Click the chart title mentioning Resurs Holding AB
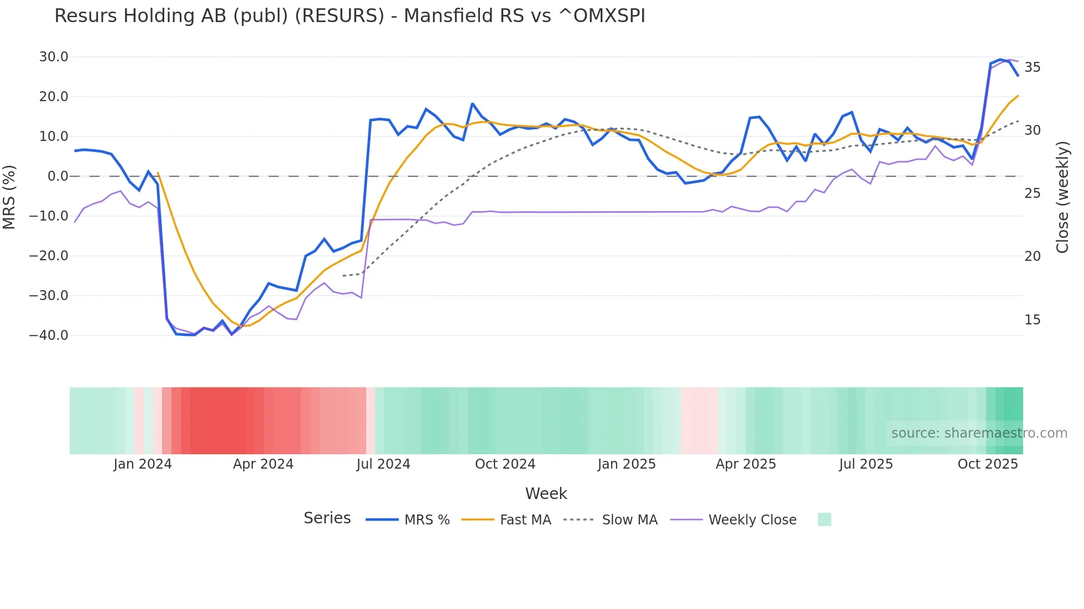pos(350,16)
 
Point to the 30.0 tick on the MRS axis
pos(54,57)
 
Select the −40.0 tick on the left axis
pos(49,335)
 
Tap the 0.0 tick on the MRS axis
pos(58,176)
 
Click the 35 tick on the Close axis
pos(1032,67)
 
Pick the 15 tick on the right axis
pos(1032,320)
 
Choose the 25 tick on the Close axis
pos(1032,193)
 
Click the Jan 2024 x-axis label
pos(143,464)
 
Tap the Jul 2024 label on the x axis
pos(383,464)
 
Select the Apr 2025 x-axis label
pos(746,464)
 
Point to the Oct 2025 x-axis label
pos(988,464)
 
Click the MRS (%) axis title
pos(9,197)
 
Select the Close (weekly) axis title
pos(1062,197)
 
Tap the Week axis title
pos(546,494)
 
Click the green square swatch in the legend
pos(824,519)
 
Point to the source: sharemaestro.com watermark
pos(979,433)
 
